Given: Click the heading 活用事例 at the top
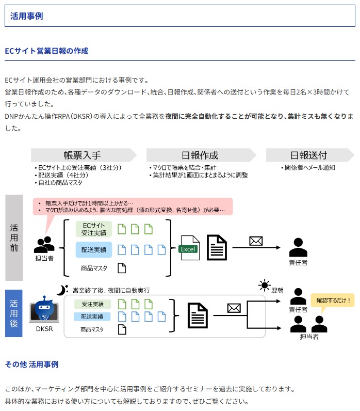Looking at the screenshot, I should point(26,16).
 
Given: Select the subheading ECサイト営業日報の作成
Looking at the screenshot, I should point(46,51).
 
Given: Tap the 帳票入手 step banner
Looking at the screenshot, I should point(83,155).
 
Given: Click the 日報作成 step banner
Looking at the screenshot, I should point(200,155).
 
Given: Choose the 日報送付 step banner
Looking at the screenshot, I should point(308,155).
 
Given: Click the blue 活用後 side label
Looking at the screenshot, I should point(14,313).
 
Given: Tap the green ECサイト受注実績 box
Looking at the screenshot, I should point(94,229).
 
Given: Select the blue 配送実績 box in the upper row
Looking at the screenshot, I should point(94,250).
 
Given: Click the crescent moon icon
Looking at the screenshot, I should point(62,290).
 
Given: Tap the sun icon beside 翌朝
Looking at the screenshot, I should point(265,286).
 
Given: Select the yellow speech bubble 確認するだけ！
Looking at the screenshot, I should point(333,300).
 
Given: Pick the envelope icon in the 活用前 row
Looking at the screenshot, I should point(256,241).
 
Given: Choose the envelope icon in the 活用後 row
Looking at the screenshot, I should point(234,308).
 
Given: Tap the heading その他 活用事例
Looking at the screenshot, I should point(31,364).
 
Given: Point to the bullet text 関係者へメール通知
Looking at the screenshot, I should point(309,167).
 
